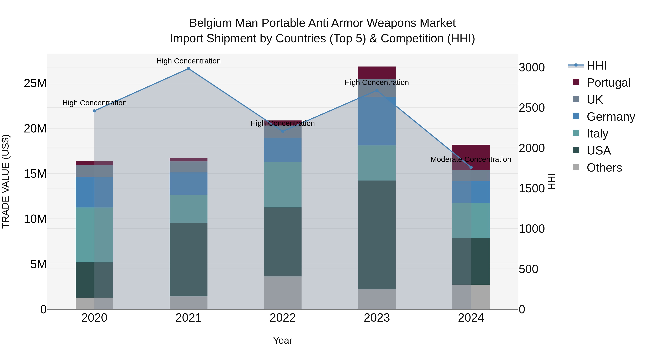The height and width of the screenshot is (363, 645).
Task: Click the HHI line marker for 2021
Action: (x=188, y=69)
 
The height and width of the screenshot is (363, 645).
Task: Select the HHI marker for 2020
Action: (x=94, y=111)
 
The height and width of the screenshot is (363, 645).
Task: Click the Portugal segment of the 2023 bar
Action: (x=377, y=73)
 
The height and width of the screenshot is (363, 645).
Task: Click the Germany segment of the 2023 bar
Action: (x=377, y=121)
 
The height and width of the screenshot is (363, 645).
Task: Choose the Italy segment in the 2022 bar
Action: (x=283, y=184)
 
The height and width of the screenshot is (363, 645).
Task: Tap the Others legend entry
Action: (x=604, y=168)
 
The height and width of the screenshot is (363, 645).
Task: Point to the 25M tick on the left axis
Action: (x=35, y=83)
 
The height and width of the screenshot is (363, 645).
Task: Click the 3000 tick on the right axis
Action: (x=531, y=67)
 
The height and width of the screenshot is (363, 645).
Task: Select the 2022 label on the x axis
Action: (x=283, y=318)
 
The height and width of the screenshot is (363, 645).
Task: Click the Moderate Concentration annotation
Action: (x=471, y=159)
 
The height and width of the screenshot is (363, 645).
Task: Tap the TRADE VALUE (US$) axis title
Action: (x=6, y=181)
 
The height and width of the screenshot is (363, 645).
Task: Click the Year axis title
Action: (x=283, y=340)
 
